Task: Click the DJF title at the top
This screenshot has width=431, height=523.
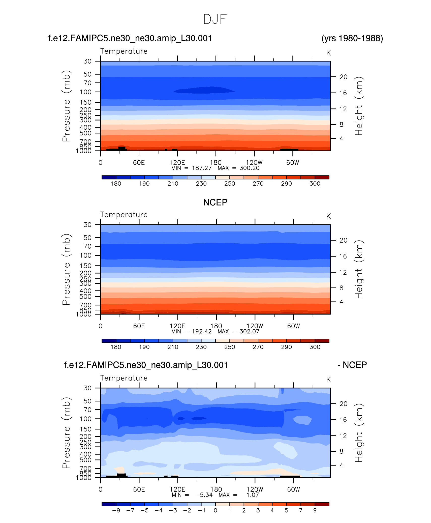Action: (215, 19)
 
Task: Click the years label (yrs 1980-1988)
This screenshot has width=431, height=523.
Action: (352, 38)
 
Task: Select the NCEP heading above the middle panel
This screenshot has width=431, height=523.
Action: (215, 202)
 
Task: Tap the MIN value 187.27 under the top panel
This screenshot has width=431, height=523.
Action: (202, 168)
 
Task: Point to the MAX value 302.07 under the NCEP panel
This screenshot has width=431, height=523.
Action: (249, 332)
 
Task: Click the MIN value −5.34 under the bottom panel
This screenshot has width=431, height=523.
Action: (204, 495)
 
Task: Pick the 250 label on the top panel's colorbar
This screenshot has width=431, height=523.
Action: (230, 184)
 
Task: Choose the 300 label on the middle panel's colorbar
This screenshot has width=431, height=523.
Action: (315, 347)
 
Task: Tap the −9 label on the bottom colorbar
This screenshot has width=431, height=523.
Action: (116, 510)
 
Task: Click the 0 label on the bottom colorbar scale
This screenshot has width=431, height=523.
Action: (216, 510)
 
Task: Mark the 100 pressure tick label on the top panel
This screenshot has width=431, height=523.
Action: (86, 92)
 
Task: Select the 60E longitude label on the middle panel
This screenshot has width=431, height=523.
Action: (139, 326)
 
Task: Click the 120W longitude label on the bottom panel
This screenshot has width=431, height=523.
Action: (255, 489)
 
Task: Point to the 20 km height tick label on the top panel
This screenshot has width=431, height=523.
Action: (343, 77)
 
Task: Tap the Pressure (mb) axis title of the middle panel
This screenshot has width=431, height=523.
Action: (66, 269)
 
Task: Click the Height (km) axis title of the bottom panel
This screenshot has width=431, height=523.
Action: (358, 433)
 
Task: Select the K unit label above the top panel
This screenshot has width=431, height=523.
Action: (328, 53)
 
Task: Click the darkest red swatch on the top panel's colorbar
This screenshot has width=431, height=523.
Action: (322, 177)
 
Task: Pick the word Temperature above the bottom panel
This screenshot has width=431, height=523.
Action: (124, 378)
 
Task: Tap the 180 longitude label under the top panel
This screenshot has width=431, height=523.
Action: (216, 163)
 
